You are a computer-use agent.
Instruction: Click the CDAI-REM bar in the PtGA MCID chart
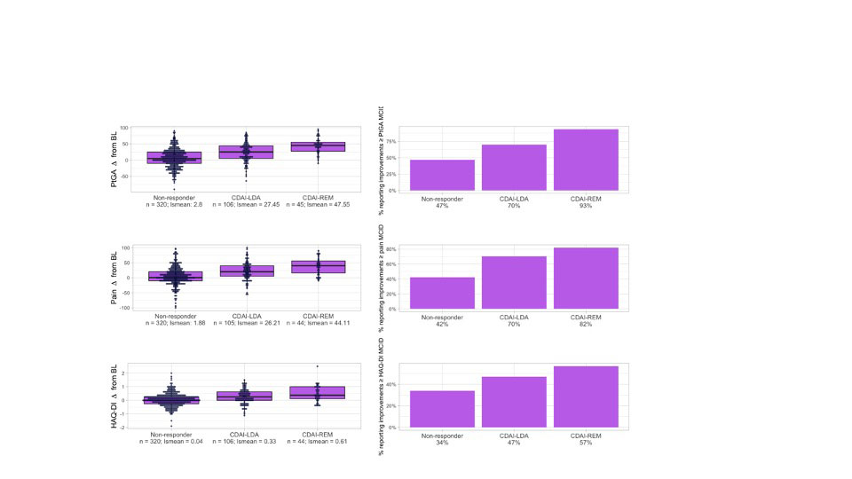[587, 160]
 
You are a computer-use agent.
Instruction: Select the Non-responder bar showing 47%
[441, 175]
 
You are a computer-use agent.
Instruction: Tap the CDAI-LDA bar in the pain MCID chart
[514, 282]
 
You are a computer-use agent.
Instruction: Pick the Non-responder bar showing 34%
[441, 409]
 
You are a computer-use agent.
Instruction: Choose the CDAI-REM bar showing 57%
[587, 397]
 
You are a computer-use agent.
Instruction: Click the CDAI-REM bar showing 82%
[587, 278]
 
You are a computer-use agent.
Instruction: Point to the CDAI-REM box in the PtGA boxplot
[319, 146]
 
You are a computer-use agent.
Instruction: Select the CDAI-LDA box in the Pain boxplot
[246, 271]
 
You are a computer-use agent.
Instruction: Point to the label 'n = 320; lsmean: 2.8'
[174, 205]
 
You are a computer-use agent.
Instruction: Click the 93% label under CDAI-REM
[587, 205]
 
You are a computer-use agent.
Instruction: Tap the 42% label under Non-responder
[441, 324]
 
